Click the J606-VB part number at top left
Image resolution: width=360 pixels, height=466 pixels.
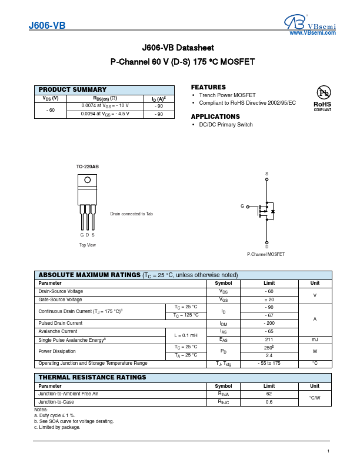[x=47, y=26]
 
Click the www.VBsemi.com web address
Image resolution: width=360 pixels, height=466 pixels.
[x=312, y=33]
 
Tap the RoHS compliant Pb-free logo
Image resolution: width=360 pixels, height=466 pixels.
[x=323, y=98]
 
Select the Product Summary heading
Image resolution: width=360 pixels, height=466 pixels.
[x=72, y=89]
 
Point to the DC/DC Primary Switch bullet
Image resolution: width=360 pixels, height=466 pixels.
[x=226, y=125]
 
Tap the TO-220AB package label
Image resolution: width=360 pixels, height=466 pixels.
[x=88, y=167]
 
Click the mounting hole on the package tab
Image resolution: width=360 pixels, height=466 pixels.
[x=88, y=181]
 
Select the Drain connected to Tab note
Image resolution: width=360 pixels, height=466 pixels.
[x=131, y=214]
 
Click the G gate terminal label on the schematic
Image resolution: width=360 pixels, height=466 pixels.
[x=242, y=206]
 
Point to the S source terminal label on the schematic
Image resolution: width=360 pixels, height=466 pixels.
[x=266, y=174]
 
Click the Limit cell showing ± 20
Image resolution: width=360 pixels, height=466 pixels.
[x=269, y=299]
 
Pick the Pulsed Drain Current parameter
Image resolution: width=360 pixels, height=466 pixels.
[x=60, y=323]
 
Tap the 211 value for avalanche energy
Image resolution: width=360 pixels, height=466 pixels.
[x=269, y=339]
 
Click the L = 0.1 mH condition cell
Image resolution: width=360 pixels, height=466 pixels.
[x=185, y=335]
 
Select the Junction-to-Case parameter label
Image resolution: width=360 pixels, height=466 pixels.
[x=56, y=402]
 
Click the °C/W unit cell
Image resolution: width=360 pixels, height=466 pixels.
[x=315, y=398]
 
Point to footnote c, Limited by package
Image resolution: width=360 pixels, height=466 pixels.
[x=57, y=427]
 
